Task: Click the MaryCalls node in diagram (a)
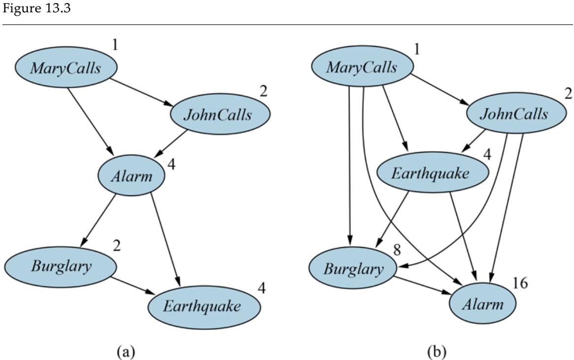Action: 66,68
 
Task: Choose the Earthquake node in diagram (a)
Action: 203,306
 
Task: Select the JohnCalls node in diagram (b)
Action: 513,114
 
